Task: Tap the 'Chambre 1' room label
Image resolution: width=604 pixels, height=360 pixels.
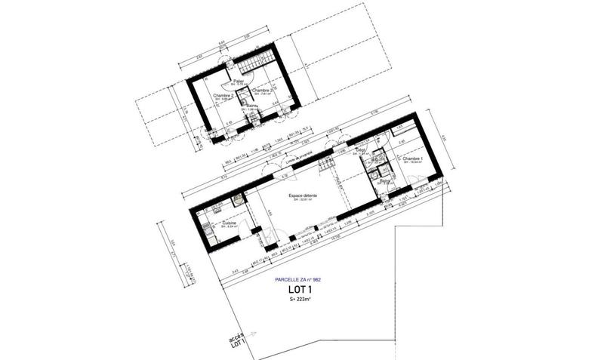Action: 412,159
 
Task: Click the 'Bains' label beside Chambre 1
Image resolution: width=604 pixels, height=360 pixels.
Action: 385,181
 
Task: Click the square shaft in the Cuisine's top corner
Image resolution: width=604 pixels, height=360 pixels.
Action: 237,201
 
